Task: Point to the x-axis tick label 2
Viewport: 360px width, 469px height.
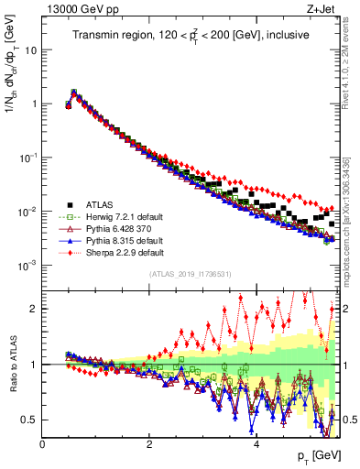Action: pyautogui.click(x=149, y=445)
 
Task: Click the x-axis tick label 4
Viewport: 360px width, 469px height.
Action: pyautogui.click(x=256, y=445)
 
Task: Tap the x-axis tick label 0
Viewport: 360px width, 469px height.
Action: pyautogui.click(x=43, y=445)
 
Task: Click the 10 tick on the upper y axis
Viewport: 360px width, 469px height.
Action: pyautogui.click(x=31, y=49)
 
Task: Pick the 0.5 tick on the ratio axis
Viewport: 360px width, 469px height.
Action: pyautogui.click(x=29, y=420)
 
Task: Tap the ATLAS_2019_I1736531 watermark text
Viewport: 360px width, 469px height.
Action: pyautogui.click(x=191, y=274)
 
